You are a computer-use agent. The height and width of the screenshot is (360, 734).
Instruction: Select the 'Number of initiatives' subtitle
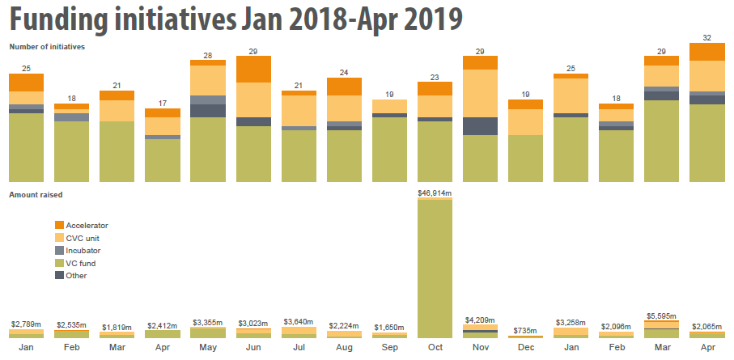coord(47,47)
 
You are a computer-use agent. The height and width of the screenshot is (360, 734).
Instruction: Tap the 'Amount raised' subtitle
coord(36,195)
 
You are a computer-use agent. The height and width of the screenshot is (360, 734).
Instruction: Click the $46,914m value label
coord(435,193)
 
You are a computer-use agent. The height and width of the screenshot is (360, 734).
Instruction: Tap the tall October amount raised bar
coord(435,267)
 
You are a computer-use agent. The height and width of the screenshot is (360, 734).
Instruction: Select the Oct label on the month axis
coord(435,348)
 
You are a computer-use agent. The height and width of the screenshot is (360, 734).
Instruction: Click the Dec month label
coord(526,348)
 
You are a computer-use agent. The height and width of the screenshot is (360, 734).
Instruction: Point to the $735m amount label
coord(526,331)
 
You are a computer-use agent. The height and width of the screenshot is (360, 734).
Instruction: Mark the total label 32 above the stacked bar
coord(707,37)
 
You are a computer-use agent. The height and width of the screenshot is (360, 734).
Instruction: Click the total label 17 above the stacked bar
coord(162,103)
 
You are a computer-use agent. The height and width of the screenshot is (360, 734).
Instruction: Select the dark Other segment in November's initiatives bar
coord(480,126)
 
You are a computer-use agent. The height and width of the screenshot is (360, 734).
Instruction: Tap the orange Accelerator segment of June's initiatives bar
coord(252,69)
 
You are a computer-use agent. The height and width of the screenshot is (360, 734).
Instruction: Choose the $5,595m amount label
coord(662,316)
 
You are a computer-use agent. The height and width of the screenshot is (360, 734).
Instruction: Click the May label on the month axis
coord(207,348)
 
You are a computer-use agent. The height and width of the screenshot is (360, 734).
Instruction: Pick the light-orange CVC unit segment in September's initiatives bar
coord(389,106)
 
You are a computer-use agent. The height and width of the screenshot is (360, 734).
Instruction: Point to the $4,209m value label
coord(480,320)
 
